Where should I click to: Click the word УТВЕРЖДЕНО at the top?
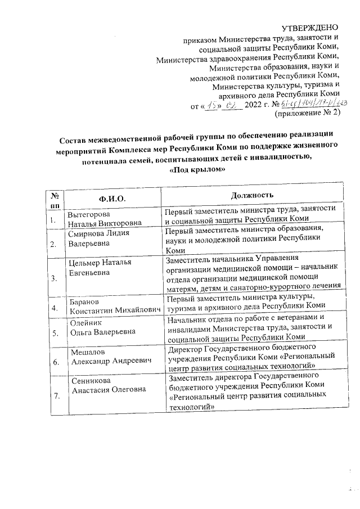pyautogui.click(x=310, y=28)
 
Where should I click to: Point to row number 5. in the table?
pyautogui.click(x=55, y=332)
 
